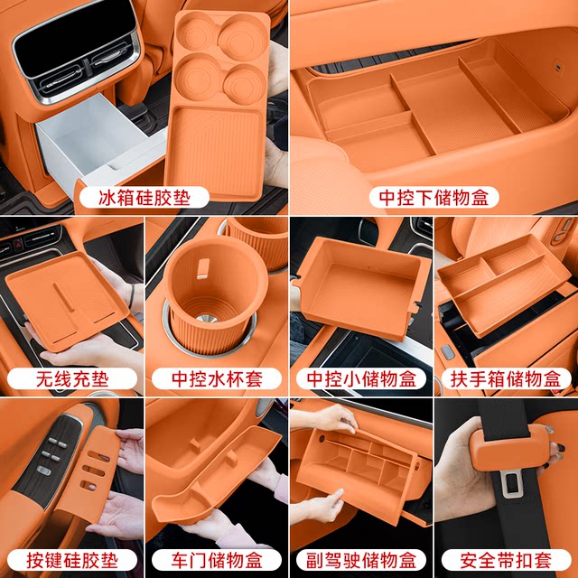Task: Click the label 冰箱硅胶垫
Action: coord(144,197)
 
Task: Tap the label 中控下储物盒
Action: coord(434,197)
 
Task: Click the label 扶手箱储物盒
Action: coord(505,378)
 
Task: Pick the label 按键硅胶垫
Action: coord(72,558)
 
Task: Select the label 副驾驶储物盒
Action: coord(361,558)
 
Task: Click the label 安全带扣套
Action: coord(505,558)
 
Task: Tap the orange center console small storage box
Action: coord(361,284)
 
